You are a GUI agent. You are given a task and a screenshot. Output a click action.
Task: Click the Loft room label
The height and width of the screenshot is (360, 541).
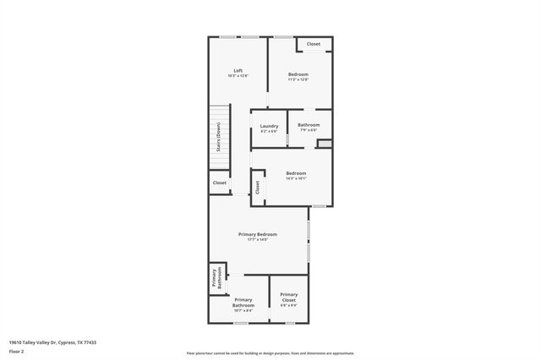[x=238, y=70]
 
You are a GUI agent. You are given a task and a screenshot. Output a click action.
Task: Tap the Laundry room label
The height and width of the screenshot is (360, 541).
[x=269, y=126]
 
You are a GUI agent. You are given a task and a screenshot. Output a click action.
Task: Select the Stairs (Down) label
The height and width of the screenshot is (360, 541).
[x=218, y=136]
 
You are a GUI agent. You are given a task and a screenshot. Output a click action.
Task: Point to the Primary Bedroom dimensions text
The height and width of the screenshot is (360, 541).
[x=257, y=240]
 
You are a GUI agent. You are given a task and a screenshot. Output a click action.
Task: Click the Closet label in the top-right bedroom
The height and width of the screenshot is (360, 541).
[x=313, y=44]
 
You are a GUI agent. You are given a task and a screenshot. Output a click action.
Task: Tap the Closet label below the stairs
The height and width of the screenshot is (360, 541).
[x=220, y=183]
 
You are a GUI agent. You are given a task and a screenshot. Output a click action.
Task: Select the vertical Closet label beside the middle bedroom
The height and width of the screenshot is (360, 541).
[x=257, y=186]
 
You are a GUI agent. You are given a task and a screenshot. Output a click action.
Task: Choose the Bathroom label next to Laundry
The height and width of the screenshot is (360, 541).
[x=309, y=125]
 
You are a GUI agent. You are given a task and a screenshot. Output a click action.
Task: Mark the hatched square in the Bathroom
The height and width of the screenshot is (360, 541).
[x=325, y=144]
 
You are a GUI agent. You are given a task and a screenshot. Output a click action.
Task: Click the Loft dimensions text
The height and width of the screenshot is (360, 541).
[x=238, y=76]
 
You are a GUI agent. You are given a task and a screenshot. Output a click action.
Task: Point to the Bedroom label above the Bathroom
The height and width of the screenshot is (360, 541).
[x=298, y=74]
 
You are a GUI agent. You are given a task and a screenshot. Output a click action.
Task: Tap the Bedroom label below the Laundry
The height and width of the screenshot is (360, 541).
[x=296, y=173]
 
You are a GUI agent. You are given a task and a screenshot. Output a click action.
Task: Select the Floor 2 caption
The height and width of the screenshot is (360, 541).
[x=16, y=350]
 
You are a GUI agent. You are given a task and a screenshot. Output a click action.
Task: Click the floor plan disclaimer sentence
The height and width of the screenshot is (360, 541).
[x=270, y=353]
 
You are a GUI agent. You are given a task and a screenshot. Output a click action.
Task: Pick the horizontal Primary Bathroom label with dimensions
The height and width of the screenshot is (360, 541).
[x=243, y=303]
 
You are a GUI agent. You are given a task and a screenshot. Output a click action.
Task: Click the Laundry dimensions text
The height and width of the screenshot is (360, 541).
[x=269, y=131]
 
